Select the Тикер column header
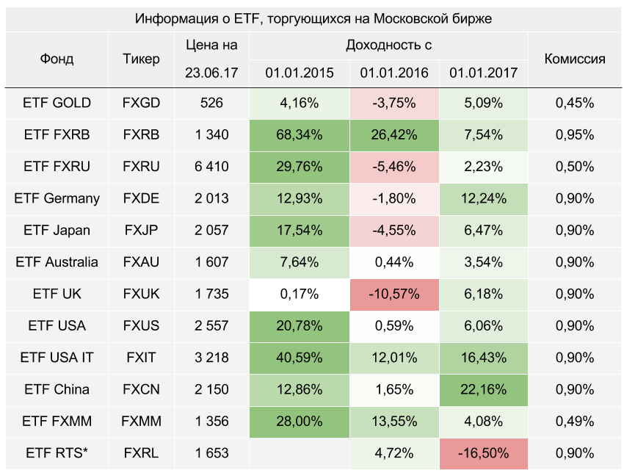pyautogui.click(x=141, y=59)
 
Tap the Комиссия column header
pyautogui.click(x=575, y=59)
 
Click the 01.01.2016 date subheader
pyautogui.click(x=395, y=73)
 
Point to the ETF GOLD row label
pyautogui.click(x=57, y=103)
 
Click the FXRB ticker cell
pyautogui.click(x=141, y=134)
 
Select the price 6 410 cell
pyautogui.click(x=211, y=167)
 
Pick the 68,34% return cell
pyautogui.click(x=300, y=134)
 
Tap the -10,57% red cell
pyautogui.click(x=395, y=294)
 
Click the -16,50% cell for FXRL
pyautogui.click(x=484, y=453)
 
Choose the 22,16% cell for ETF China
pyautogui.click(x=484, y=389)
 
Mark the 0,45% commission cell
pyautogui.click(x=575, y=103)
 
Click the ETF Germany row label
pyautogui.click(x=57, y=198)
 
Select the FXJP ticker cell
pyautogui.click(x=141, y=230)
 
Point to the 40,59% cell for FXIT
pyautogui.click(x=300, y=358)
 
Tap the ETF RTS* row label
pyautogui.click(x=57, y=453)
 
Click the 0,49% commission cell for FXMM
pyautogui.click(x=575, y=421)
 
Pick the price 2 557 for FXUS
pyautogui.click(x=211, y=325)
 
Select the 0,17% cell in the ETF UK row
pyautogui.click(x=300, y=294)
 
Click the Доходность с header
pyautogui.click(x=388, y=46)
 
